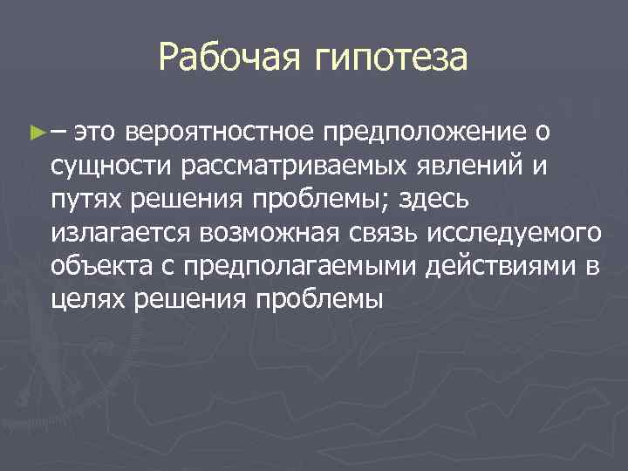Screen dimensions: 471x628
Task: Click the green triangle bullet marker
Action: click(36, 133)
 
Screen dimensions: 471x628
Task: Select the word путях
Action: click(86, 200)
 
